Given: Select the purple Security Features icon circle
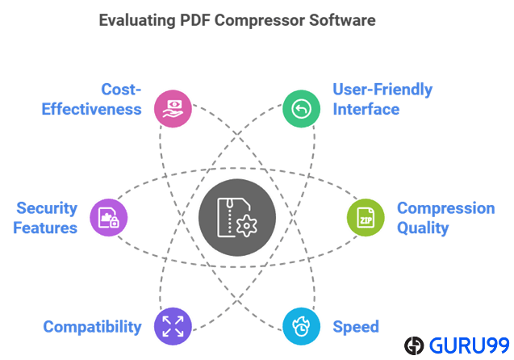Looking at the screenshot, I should click(110, 218).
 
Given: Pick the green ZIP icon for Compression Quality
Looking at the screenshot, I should click(365, 218).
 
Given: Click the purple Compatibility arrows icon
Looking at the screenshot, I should click(173, 326).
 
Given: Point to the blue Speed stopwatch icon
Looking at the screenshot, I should click(300, 326).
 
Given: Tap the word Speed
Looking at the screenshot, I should click(356, 327).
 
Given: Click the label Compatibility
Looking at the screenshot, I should click(92, 327).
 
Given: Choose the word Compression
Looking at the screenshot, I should click(445, 208).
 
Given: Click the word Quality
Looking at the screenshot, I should click(422, 228).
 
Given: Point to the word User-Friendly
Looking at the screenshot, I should click(382, 90).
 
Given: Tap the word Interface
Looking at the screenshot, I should click(366, 109).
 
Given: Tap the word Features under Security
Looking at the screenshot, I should click(45, 228).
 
